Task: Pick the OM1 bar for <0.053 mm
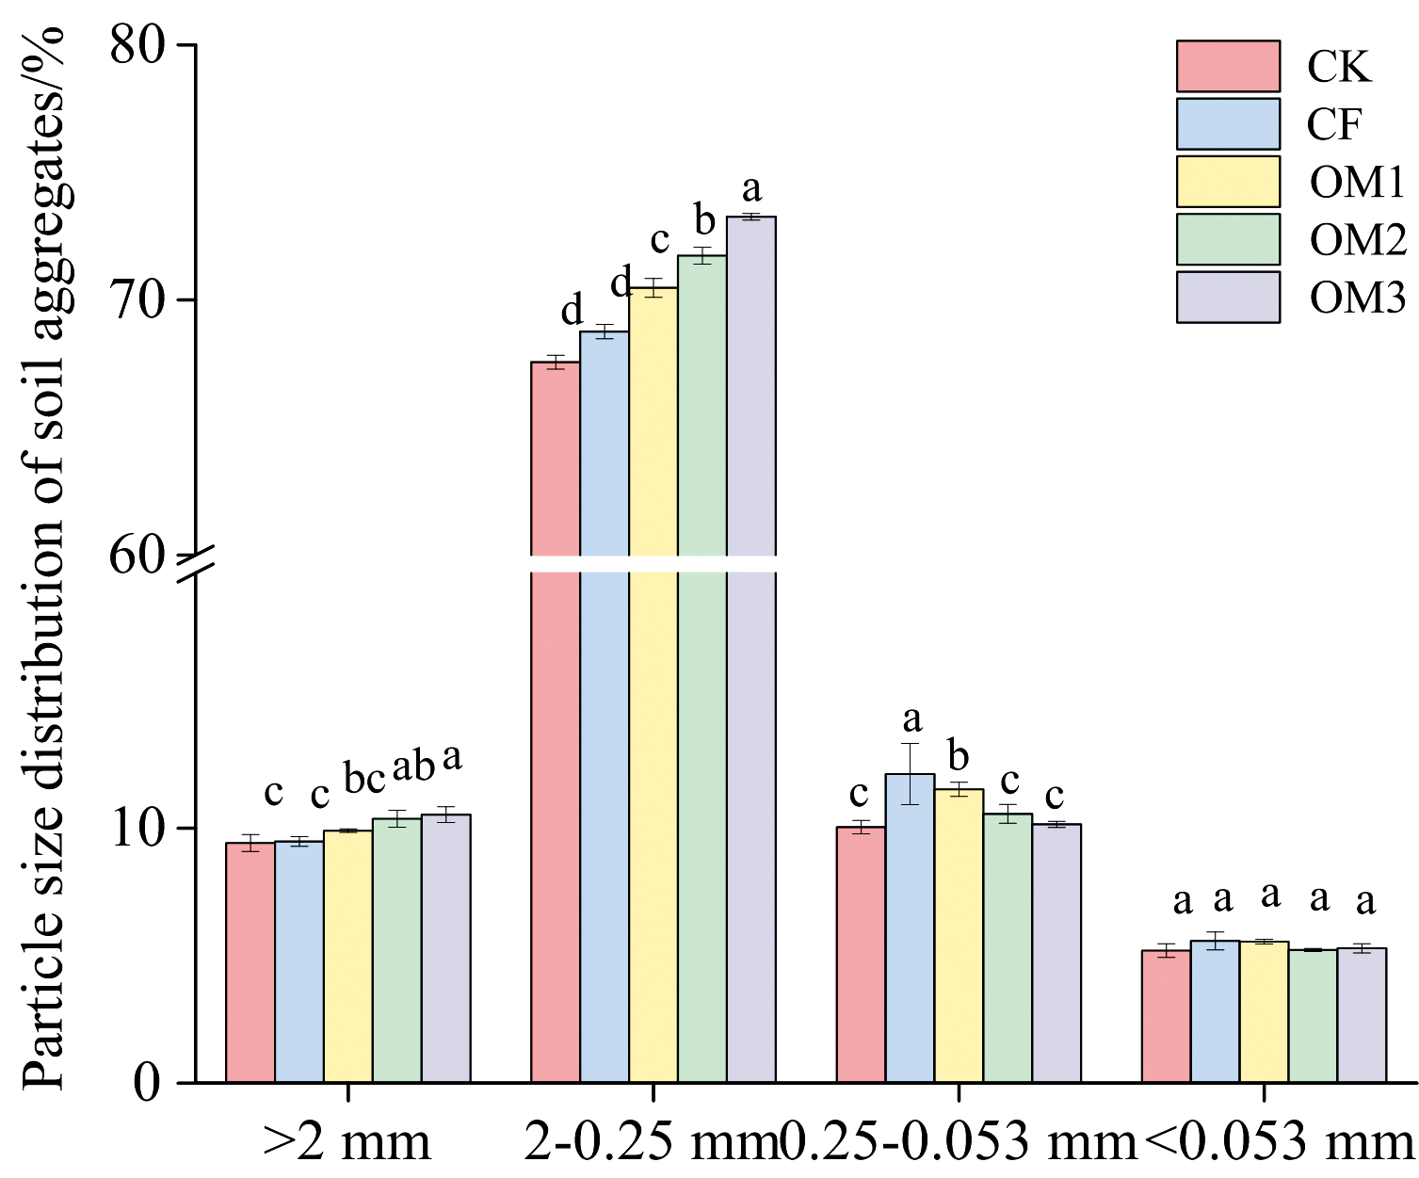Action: coord(1264,1011)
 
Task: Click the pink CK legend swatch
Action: coord(1228,66)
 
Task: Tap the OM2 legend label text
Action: coord(1357,240)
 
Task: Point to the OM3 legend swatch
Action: coord(1228,298)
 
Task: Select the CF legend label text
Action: coord(1334,124)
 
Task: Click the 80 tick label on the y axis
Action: coord(138,45)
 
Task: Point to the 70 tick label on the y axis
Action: coord(138,300)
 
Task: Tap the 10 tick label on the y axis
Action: coord(138,829)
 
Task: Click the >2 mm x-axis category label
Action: coord(347,1141)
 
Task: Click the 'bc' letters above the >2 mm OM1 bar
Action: coord(364,780)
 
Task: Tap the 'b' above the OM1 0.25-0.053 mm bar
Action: coord(959,755)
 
